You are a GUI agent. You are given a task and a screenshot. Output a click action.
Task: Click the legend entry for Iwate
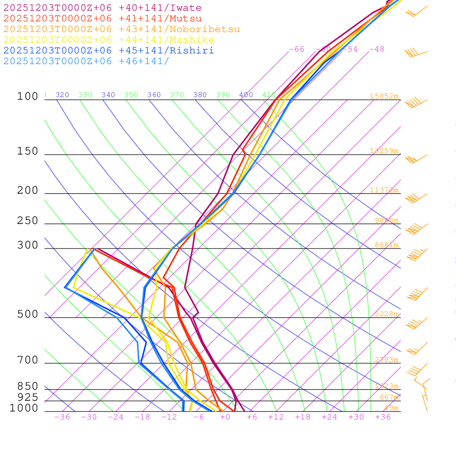point(102,8)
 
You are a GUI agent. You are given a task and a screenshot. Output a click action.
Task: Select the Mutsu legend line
point(102,19)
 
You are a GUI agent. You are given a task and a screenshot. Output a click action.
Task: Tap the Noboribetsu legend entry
point(122,29)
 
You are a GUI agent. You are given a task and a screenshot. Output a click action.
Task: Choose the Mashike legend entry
point(109,40)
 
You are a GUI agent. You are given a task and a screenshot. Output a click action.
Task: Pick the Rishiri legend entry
point(109,51)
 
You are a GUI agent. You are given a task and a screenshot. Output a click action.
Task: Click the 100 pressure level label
point(28,96)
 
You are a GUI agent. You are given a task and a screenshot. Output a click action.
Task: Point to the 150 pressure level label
point(28,151)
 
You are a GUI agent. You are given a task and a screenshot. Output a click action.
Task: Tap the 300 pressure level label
point(28,245)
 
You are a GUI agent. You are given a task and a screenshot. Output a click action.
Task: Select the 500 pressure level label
point(28,314)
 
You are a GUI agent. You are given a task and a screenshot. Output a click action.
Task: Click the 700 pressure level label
point(28,360)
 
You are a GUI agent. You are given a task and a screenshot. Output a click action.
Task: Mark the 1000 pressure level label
point(24,408)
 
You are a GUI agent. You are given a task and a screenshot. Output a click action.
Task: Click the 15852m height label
point(384,96)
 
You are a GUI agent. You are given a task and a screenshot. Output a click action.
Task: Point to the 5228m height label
point(387,314)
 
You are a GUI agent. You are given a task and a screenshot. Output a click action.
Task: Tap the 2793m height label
point(387,360)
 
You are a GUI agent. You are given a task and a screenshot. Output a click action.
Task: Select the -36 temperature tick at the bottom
point(62,417)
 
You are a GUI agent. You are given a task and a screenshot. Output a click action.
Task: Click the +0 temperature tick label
point(225,417)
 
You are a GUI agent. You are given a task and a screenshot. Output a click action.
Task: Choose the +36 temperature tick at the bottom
point(383,417)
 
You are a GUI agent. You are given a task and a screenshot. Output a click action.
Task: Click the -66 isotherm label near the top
point(297,49)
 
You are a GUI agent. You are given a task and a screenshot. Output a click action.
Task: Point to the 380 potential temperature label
point(200,95)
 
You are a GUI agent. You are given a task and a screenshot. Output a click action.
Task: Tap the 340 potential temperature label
point(108,95)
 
